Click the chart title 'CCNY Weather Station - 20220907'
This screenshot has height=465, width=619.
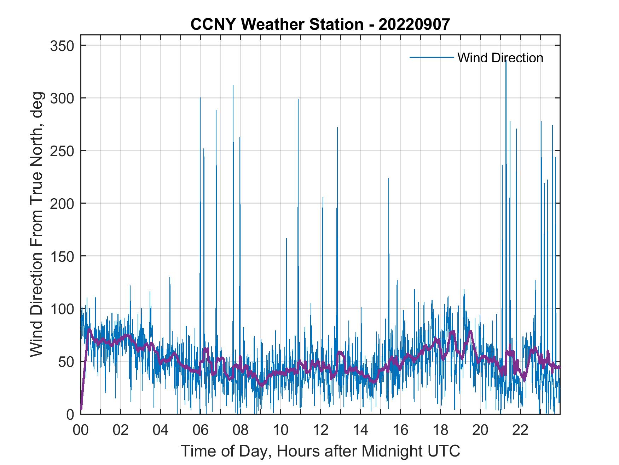320,24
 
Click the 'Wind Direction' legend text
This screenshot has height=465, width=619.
500,58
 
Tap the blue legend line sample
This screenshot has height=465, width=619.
432,57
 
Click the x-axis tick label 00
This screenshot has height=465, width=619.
81,430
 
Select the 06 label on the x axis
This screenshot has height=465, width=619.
201,430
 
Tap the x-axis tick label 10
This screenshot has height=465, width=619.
280,430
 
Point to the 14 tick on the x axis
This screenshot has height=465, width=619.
360,430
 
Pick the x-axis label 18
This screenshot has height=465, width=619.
440,430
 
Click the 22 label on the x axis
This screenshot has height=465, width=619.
520,430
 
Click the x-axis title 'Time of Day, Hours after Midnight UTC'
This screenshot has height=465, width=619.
320,451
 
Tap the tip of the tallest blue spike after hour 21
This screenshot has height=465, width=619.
506,59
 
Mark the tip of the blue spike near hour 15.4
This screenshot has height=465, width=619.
389,178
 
